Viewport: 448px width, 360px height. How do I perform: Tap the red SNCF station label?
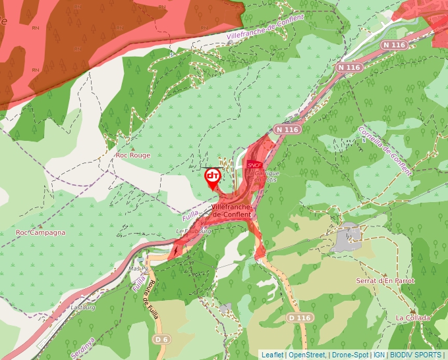pos(254,165)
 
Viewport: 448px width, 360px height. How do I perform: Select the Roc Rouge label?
pos(133,155)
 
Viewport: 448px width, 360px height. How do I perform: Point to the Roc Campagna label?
pos(41,232)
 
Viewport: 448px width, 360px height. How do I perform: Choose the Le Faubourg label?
pos(194,232)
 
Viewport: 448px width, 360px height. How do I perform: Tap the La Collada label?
pos(412,318)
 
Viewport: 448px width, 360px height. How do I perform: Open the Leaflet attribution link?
pos(272,355)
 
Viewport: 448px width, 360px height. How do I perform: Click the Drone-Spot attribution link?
pos(350,355)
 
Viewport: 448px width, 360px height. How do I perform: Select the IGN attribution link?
pos(379,355)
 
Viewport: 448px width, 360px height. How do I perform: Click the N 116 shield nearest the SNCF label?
pos(288,130)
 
